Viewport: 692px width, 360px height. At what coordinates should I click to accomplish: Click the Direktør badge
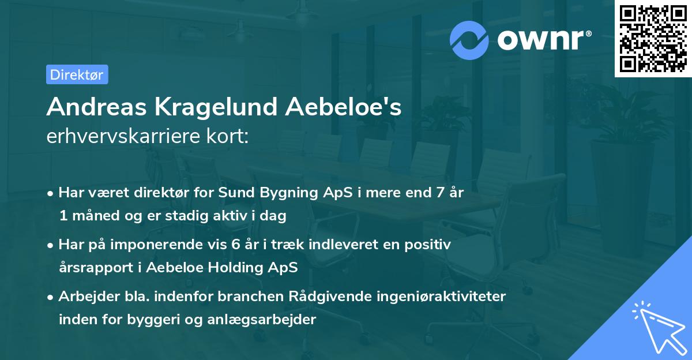pos(77,74)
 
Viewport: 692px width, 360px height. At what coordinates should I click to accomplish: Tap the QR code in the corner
pos(653,38)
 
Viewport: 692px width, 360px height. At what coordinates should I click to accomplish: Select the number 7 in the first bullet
pos(443,193)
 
